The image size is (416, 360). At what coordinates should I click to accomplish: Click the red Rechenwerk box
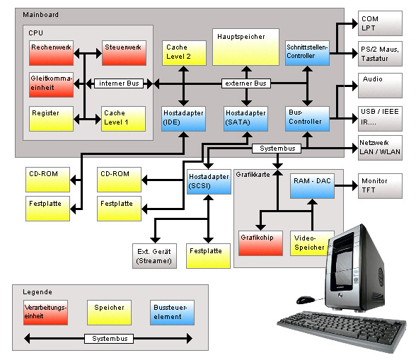(x=52, y=53)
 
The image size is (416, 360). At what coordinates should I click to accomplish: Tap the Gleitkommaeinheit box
(x=52, y=84)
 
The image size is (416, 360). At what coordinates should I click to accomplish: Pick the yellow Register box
(x=52, y=118)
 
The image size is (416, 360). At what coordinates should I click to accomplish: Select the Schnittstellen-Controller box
(x=307, y=53)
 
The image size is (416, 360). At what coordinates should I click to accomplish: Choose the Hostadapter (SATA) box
(x=246, y=117)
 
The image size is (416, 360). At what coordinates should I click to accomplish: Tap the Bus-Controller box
(x=307, y=117)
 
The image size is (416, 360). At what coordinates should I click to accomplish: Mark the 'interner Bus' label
(x=119, y=83)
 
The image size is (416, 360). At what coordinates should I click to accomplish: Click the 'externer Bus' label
(x=246, y=83)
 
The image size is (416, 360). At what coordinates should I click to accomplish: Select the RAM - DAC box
(x=312, y=185)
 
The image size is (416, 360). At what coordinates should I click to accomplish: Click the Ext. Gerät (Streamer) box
(x=154, y=256)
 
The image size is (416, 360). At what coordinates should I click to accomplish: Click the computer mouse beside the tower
(x=306, y=299)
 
